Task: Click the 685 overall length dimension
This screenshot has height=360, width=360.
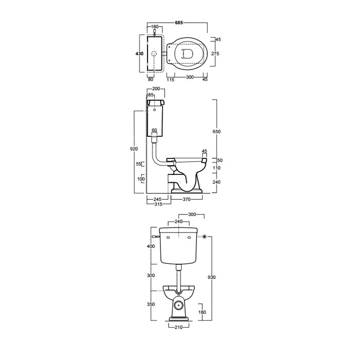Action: click(x=179, y=23)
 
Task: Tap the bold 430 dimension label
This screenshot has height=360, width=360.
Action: click(x=139, y=53)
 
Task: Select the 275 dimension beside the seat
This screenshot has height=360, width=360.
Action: click(x=215, y=53)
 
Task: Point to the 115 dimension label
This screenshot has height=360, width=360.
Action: click(x=170, y=79)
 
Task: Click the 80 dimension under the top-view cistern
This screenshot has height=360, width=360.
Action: click(x=150, y=79)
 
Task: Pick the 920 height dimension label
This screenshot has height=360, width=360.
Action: click(x=134, y=149)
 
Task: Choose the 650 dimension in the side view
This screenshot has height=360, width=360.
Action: click(x=217, y=132)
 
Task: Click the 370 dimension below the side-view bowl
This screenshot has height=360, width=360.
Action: click(x=187, y=200)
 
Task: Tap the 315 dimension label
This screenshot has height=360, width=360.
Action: click(x=158, y=204)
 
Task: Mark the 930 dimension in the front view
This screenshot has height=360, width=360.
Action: click(x=211, y=277)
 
